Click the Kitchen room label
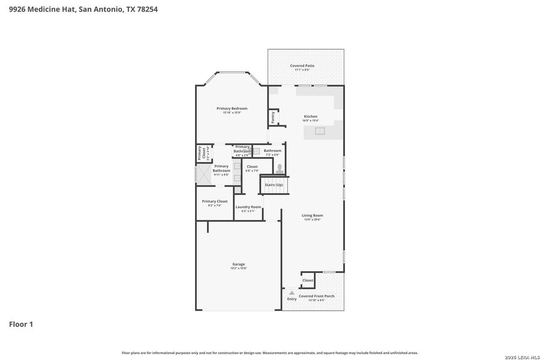(x=310, y=116)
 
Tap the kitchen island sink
(x=320, y=131)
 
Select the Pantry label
(x=273, y=117)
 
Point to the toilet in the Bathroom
(x=279, y=169)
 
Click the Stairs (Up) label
(x=274, y=185)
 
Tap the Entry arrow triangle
(x=292, y=292)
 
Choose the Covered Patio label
(x=302, y=65)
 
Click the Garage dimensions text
(x=238, y=268)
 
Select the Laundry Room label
(x=248, y=207)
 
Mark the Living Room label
(x=312, y=215)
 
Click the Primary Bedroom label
(x=232, y=109)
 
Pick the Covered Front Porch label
(x=316, y=296)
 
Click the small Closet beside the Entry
(x=307, y=280)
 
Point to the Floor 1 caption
(x=21, y=325)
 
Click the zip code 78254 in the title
(x=146, y=9)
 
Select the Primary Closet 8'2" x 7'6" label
(x=214, y=202)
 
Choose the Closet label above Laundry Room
(x=252, y=167)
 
